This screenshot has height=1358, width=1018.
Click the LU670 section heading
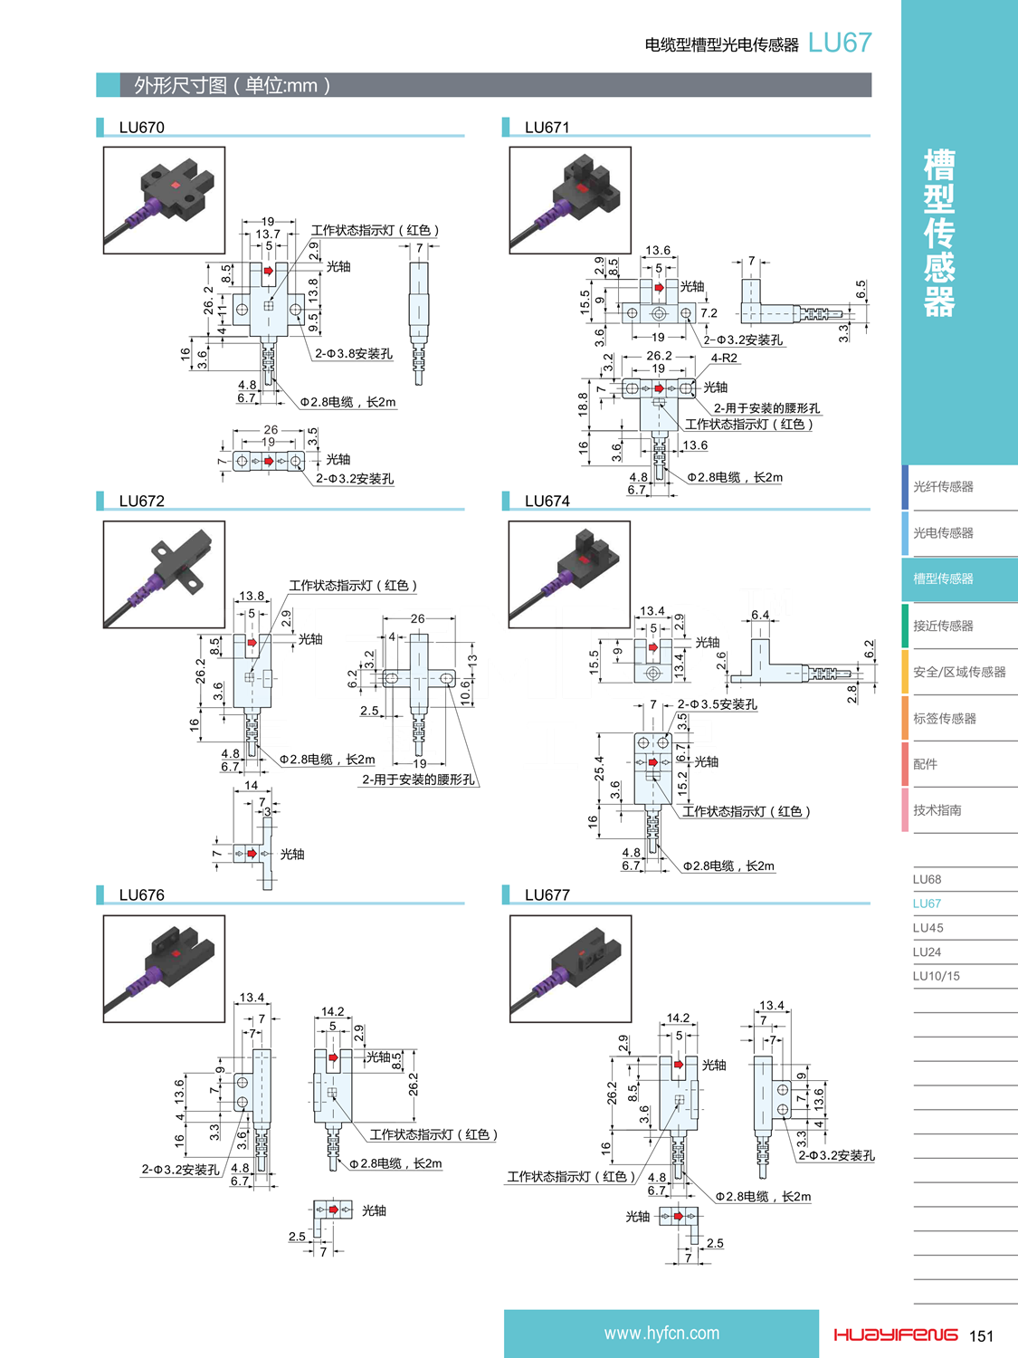click(142, 128)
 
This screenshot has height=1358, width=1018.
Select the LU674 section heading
click(547, 502)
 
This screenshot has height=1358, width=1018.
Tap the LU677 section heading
click(547, 895)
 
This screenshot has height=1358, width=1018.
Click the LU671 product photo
click(570, 200)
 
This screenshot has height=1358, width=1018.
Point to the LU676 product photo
click(164, 969)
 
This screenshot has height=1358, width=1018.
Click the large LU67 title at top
click(840, 43)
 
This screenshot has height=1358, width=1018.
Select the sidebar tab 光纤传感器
click(943, 487)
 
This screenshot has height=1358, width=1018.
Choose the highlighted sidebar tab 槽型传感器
click(943, 579)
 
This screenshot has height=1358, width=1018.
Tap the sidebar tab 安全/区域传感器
click(958, 673)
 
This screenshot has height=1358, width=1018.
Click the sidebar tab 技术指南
click(937, 810)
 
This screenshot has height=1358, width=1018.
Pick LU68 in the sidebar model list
click(927, 879)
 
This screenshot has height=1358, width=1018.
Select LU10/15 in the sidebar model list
click(936, 976)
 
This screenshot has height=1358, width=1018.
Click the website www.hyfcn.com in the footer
click(661, 1334)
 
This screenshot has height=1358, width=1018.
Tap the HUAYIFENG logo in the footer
click(895, 1334)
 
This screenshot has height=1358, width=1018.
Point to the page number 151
click(981, 1336)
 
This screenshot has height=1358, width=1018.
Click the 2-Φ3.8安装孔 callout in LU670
click(354, 354)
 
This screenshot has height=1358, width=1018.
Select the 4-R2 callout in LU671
click(724, 359)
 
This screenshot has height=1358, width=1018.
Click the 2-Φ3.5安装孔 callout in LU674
click(718, 704)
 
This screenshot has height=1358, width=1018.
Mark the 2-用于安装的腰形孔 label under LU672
click(418, 779)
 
